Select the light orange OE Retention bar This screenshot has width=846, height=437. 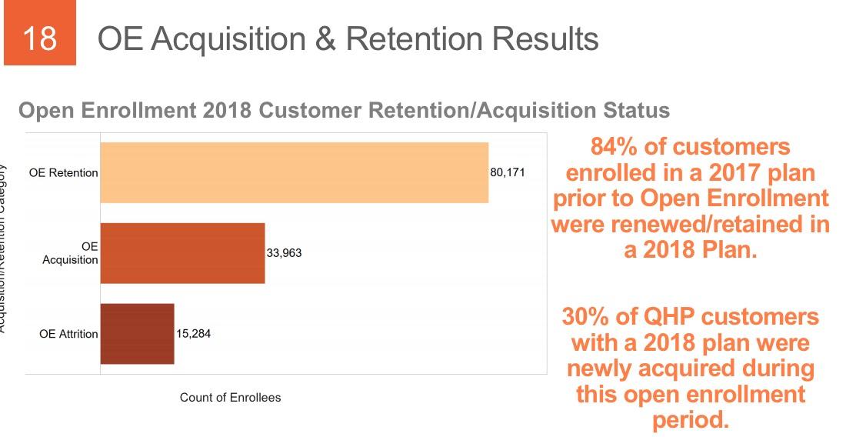point(294,172)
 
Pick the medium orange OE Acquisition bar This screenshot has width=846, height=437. point(182,253)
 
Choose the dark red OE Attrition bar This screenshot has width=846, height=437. point(137,334)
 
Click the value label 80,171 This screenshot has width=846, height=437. point(508,172)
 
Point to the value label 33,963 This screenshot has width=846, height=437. point(285,253)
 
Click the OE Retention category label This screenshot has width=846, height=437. point(63,173)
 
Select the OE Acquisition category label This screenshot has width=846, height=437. point(70,253)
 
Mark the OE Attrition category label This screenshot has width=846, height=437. point(68,334)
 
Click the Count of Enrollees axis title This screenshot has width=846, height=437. point(230,398)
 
